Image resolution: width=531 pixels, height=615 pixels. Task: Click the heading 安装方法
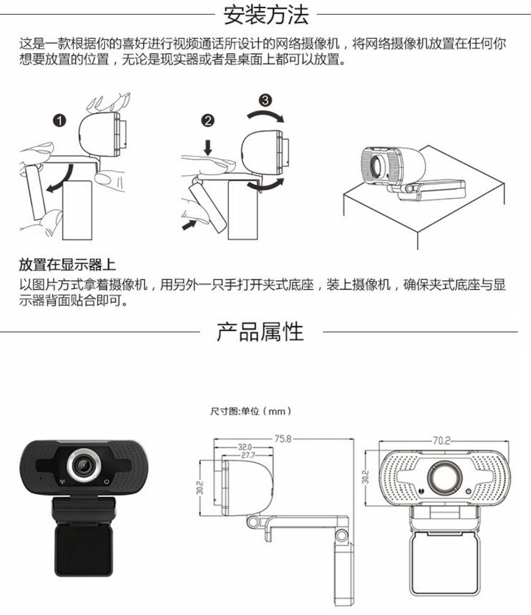pos(265,15)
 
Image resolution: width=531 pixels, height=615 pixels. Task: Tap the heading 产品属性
pos(260,332)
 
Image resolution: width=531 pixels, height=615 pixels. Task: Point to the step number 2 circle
pos(208,121)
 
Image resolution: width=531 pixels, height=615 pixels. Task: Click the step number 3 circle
pos(267,100)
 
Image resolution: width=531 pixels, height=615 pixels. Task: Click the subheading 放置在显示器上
pos(67,264)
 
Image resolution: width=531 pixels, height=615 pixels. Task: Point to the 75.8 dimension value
pos(283,439)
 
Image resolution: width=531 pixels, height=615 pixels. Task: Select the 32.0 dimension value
pos(245,446)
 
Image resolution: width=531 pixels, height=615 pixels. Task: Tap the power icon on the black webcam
pos(107,482)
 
